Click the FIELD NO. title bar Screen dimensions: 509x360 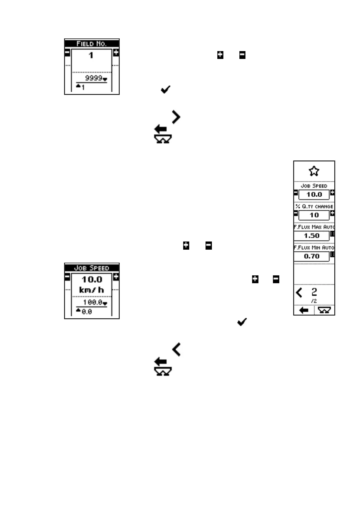[x=92, y=44]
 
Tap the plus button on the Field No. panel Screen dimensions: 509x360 [x=116, y=53]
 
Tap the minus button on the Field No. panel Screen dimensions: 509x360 [x=67, y=53]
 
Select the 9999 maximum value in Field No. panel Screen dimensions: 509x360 [x=93, y=78]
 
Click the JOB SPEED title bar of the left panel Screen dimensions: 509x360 [x=92, y=268]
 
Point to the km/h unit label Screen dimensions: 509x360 [x=92, y=290]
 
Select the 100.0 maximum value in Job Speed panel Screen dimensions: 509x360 [x=92, y=302]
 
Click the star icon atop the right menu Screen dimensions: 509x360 [x=314, y=171]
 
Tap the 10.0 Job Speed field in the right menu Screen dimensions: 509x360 [x=314, y=195]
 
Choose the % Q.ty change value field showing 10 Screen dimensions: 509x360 [x=314, y=215]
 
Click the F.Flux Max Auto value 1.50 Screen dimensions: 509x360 [x=312, y=236]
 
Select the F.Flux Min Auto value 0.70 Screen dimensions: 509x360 [x=312, y=256]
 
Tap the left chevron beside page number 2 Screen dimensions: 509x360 [x=299, y=293]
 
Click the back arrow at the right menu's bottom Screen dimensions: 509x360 [x=303, y=310]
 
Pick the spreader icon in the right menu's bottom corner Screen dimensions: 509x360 [x=324, y=310]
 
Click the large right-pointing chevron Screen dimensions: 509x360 [x=176, y=117]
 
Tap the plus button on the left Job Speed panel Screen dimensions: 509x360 [x=116, y=277]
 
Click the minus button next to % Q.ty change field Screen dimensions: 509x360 [x=296, y=213]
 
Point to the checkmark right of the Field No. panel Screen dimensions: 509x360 [x=166, y=89]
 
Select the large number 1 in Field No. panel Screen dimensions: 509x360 [x=91, y=55]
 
